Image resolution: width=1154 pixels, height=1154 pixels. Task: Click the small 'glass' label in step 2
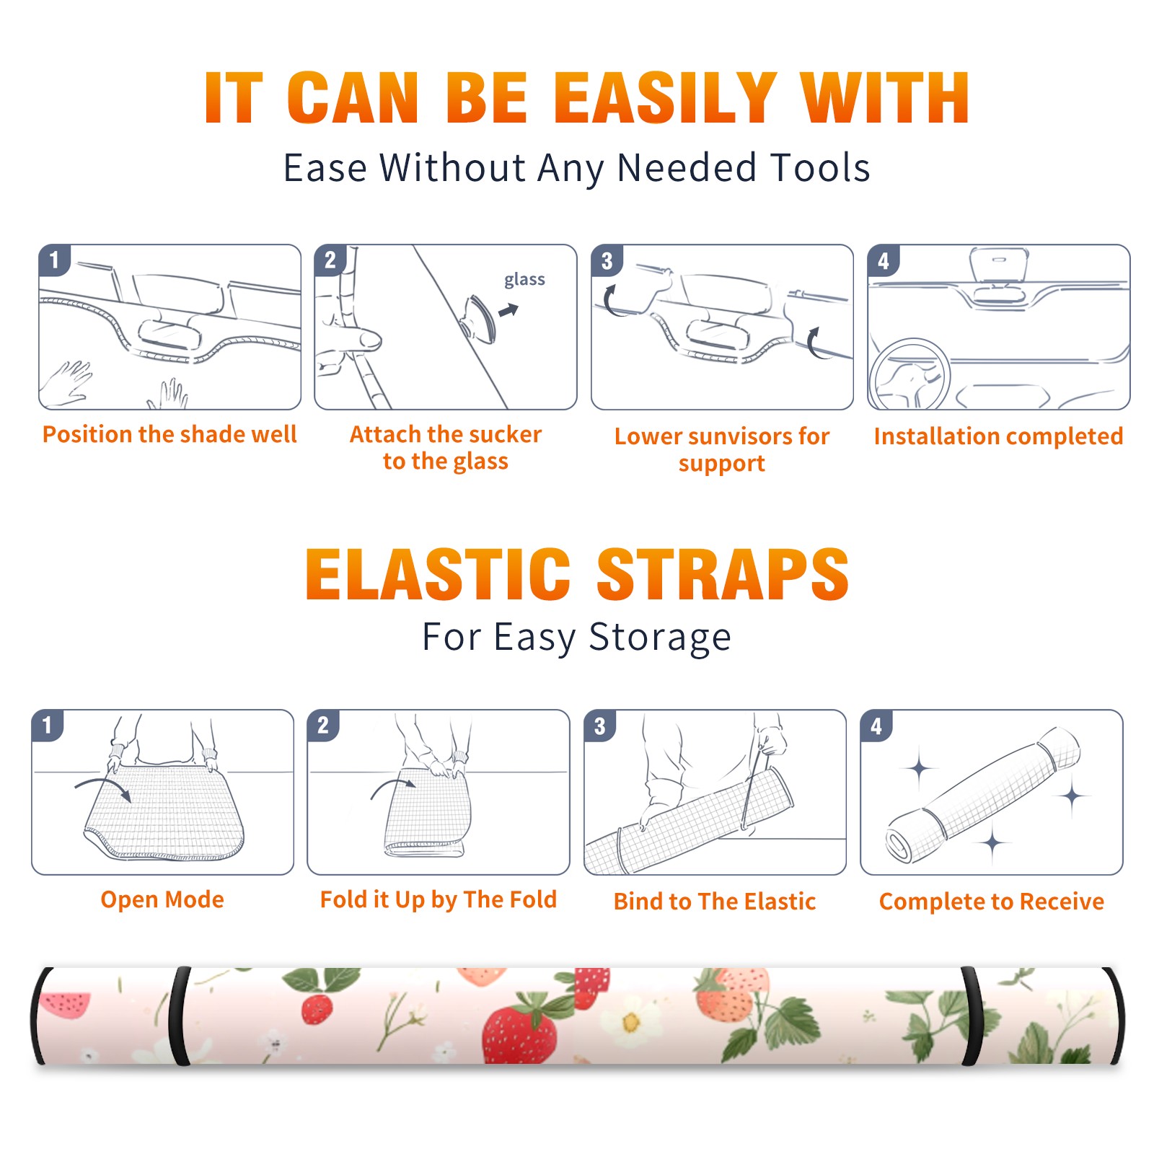[x=524, y=280]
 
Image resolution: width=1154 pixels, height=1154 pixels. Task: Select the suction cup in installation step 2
[x=478, y=317]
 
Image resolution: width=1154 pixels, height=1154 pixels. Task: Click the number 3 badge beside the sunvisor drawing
[x=607, y=260]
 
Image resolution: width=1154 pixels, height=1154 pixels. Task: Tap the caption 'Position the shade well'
[x=169, y=434]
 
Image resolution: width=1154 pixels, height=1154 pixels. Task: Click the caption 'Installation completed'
[x=998, y=436]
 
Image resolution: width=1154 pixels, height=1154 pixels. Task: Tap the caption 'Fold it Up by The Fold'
[x=439, y=899]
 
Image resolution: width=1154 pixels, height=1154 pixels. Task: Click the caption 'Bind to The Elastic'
[x=715, y=902]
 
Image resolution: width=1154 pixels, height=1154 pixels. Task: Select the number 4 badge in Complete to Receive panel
[x=876, y=726]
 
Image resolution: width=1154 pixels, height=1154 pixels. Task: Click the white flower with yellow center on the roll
[x=630, y=1021]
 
